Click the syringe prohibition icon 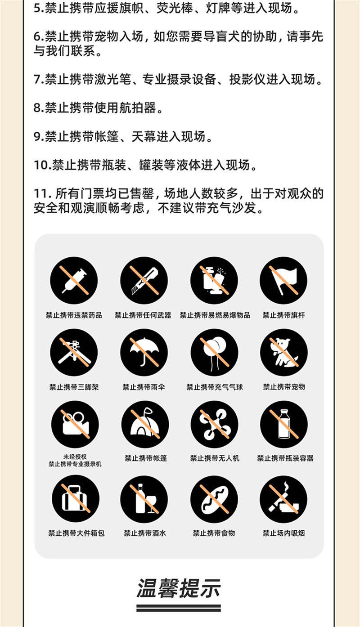(74, 281)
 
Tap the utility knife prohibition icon (144, 281)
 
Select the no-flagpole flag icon (283, 281)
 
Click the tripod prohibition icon (74, 353)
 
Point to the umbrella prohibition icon (144, 353)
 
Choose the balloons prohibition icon (215, 353)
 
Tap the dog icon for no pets (283, 353)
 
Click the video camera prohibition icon (75, 424)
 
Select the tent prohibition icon (145, 424)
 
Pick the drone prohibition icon (215, 424)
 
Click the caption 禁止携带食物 (214, 533)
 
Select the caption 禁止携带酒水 (145, 533)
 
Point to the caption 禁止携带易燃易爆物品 (215, 315)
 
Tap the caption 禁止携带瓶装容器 (285, 458)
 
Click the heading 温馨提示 (179, 588)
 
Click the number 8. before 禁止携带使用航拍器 (39, 108)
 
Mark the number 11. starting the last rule (42, 194)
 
